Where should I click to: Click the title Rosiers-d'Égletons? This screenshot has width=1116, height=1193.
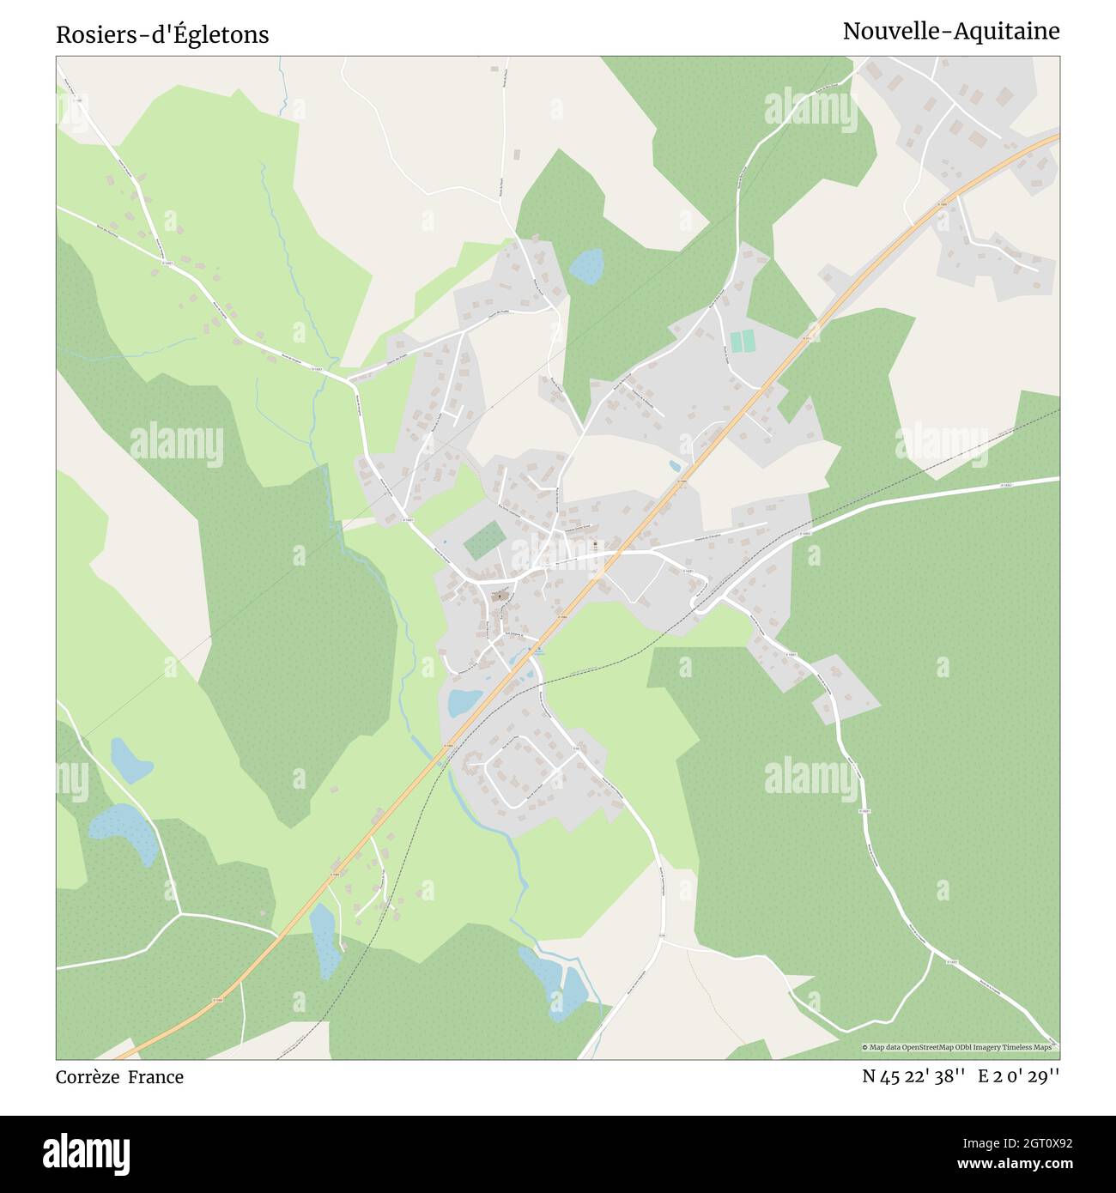coord(162,34)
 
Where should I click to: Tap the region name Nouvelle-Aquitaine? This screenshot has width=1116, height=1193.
coord(950,31)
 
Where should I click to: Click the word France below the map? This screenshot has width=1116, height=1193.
coord(156,1076)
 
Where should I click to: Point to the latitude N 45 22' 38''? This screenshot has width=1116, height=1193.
coord(914,1076)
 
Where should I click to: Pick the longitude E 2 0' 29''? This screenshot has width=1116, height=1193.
coord(1018,1076)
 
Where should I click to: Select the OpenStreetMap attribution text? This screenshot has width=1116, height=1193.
coord(959,1047)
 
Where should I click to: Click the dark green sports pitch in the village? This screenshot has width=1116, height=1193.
coord(485,541)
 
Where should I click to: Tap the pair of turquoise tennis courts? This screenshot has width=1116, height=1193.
coord(743,341)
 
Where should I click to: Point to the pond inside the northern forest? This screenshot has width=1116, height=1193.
coord(587,266)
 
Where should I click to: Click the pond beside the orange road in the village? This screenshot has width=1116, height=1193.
coord(465,702)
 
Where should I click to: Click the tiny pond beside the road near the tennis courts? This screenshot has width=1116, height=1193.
coord(675,466)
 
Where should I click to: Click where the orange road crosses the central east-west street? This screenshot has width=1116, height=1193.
coord(608,559)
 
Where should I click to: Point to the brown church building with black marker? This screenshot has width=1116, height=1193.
coord(499,596)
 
